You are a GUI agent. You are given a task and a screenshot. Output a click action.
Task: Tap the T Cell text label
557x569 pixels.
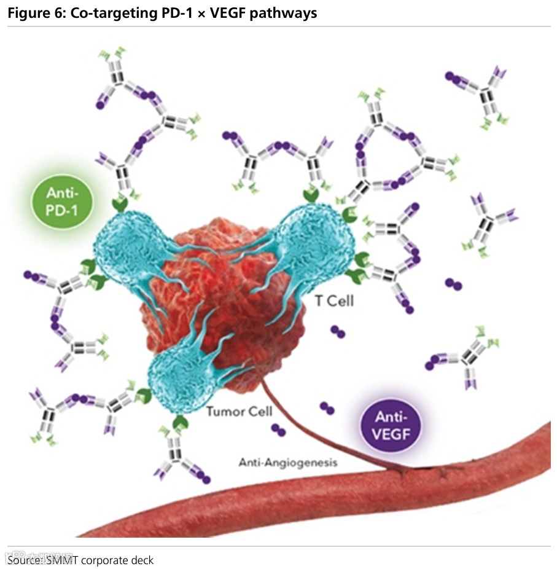coord(333,301)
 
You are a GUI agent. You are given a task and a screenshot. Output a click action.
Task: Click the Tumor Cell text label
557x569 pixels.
coord(239,411)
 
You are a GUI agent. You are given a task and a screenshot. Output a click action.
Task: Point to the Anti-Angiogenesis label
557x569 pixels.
coord(288,463)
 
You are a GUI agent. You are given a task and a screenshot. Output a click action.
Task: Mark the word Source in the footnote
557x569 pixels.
coord(24,560)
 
